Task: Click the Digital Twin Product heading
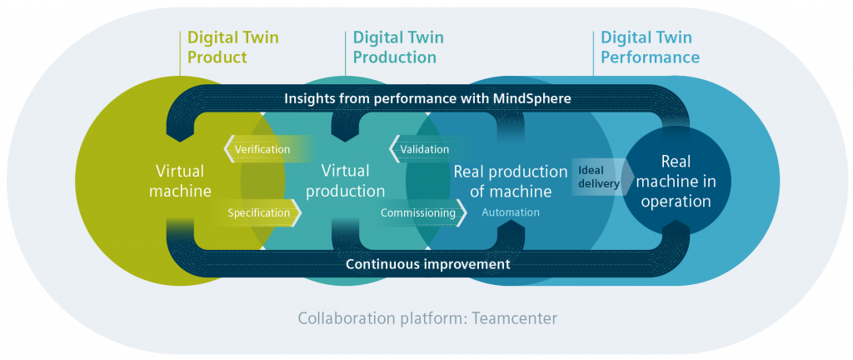point(232,47)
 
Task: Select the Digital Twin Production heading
point(397,47)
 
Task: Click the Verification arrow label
point(262,149)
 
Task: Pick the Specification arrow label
point(259,212)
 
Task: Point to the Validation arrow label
point(424,149)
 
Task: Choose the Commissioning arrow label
point(418,212)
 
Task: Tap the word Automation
point(510,212)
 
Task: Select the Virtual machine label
point(180,181)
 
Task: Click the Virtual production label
point(345,181)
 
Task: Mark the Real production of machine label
point(510,182)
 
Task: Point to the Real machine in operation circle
point(675,181)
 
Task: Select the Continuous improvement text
point(427,264)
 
